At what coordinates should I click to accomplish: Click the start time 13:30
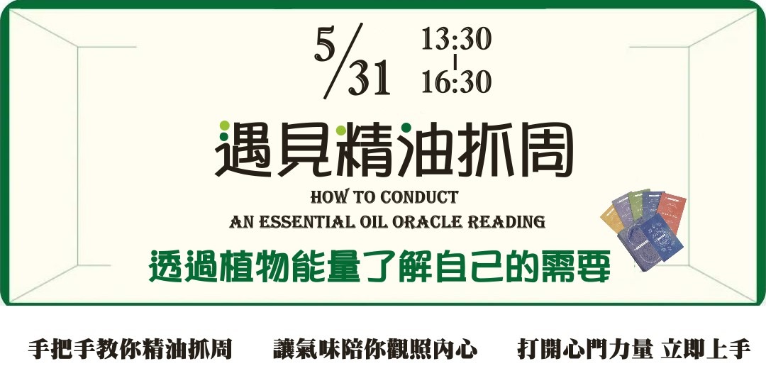[455, 40]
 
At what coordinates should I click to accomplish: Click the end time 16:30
[455, 82]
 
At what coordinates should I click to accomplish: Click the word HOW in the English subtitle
[328, 196]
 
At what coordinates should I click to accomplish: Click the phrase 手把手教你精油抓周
[131, 349]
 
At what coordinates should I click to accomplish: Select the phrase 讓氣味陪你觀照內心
[375, 349]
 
